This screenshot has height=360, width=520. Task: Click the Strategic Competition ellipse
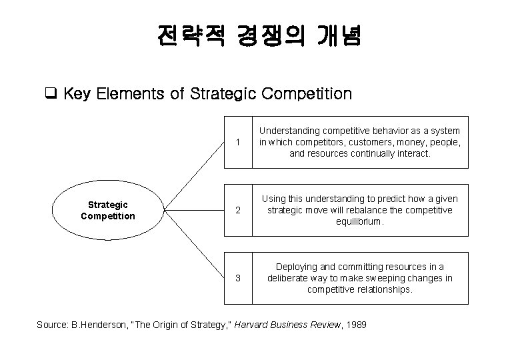click(108, 211)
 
